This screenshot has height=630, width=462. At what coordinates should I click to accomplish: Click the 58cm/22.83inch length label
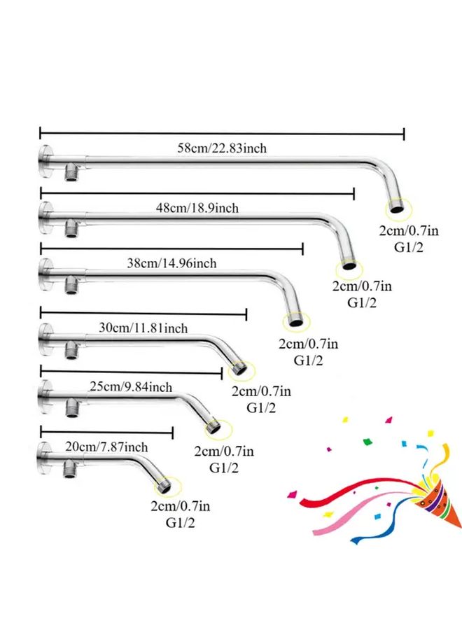222,148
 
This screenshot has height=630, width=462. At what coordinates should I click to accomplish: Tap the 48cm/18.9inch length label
197,208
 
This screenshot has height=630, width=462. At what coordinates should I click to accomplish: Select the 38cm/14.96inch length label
172,263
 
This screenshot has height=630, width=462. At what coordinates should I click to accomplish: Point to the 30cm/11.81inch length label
143,328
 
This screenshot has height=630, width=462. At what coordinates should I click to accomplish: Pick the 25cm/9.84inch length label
131,386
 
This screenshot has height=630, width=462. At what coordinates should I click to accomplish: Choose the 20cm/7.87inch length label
106,447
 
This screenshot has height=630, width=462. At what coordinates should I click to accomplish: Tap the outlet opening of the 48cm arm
349,265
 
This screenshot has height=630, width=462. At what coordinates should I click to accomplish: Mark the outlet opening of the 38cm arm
296,322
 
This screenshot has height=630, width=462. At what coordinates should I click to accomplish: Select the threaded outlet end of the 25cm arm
214,427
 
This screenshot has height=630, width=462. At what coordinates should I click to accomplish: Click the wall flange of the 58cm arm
45,162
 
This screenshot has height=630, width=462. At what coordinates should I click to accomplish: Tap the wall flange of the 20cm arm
44,458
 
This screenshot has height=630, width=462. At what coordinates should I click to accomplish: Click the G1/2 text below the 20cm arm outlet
180,523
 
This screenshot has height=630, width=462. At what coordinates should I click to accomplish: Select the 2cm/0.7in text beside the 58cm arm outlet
409,230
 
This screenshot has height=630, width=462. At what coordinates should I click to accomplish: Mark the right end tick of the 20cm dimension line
172,433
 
